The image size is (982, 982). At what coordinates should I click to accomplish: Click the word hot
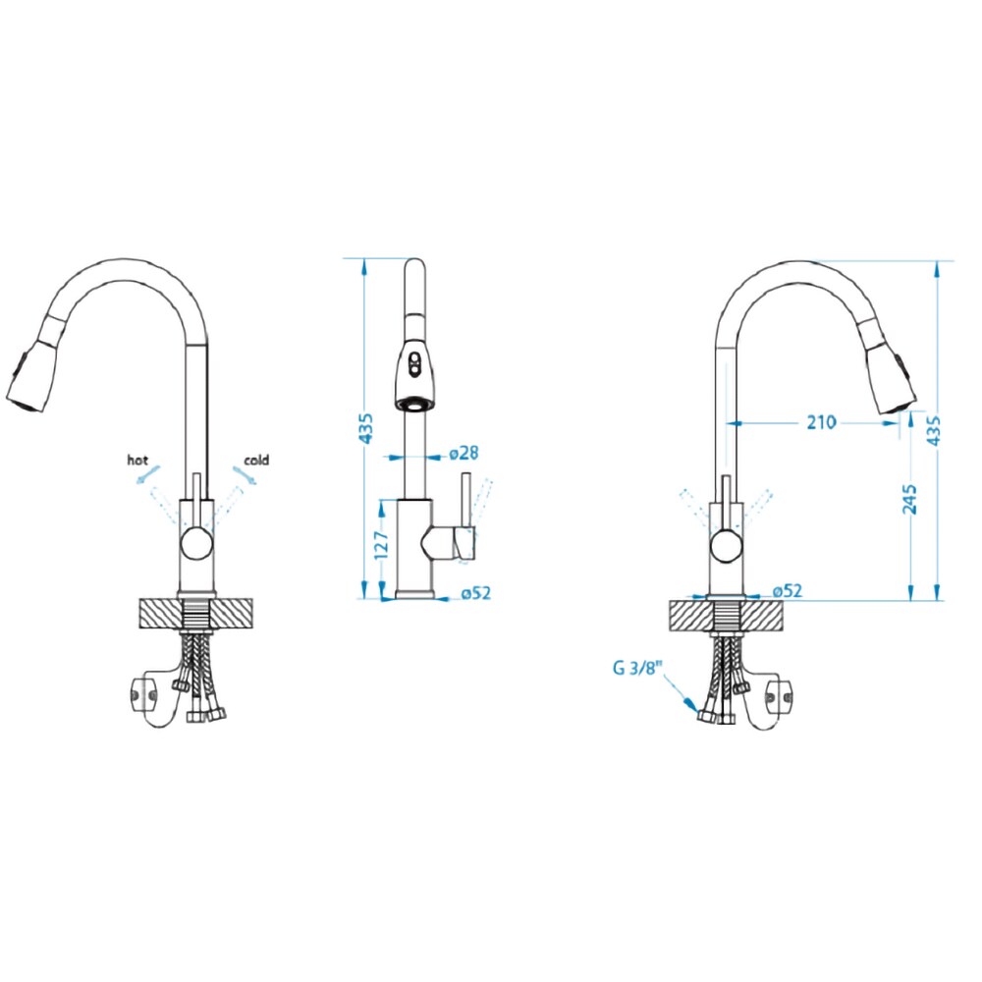coord(137,461)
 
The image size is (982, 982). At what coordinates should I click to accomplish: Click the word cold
coord(256,461)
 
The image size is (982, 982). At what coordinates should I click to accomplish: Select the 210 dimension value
coord(821,422)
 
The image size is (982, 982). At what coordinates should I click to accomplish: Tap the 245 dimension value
coord(909,499)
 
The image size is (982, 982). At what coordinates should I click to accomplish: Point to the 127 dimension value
coord(381,545)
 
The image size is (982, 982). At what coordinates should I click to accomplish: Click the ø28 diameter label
coord(464,453)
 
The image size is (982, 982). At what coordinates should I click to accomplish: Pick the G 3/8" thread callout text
coord(637,668)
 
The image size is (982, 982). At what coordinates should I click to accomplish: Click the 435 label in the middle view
coord(366,428)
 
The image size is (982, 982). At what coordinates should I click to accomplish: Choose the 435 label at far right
coord(933,430)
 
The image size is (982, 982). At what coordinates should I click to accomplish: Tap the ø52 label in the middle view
coord(476,592)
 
